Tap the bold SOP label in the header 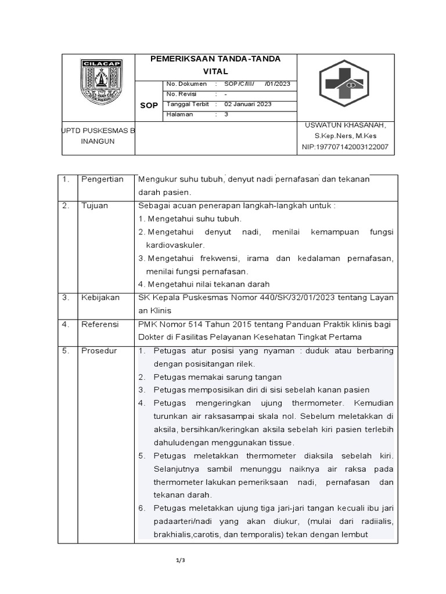(149, 106)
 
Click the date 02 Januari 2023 (248, 104)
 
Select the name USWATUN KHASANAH (345, 125)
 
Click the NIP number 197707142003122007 (345, 147)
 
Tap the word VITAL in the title (215, 71)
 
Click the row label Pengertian (102, 179)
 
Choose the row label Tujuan (95, 205)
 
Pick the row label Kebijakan (100, 298)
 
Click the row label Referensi (100, 324)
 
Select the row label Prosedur (99, 351)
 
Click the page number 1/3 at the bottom (180, 560)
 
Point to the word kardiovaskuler (175, 245)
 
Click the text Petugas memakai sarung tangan (217, 377)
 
